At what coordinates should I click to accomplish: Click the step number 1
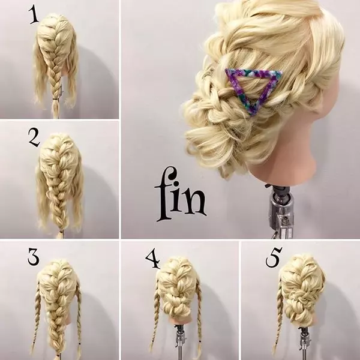[34, 14]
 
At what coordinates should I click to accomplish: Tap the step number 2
[34, 137]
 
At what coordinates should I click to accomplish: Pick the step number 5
[274, 257]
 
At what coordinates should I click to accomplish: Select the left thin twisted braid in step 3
[35, 317]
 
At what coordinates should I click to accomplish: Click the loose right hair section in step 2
[77, 195]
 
